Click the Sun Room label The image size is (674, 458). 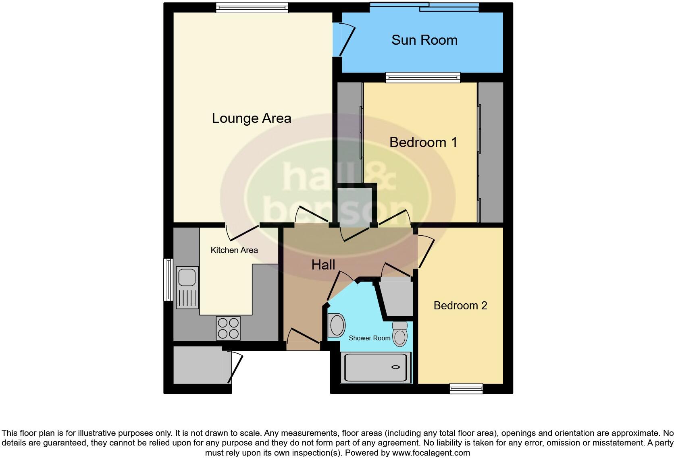coord(424,40)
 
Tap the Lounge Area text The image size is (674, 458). coord(252,118)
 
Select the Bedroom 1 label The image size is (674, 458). coord(423,142)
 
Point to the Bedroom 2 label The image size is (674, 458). coord(460,305)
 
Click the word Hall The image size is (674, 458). coord(323,265)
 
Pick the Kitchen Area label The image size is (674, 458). coord(234,250)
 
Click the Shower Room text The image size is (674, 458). coord(369,338)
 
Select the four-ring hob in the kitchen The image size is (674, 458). coord(228,328)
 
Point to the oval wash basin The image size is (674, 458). coord(336,325)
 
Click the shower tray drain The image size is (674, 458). coord(395,367)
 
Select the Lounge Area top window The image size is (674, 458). coord(252,8)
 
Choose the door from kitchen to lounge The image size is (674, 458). coord(243,232)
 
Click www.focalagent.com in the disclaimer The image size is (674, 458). coord(431,452)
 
